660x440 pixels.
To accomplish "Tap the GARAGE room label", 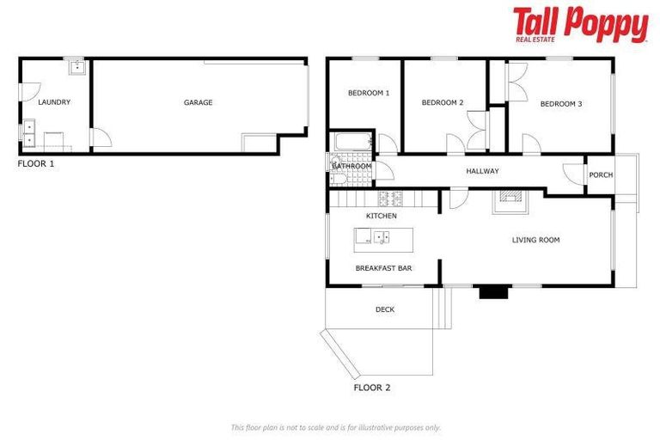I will (198, 102).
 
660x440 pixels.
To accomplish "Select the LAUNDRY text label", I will (54, 102).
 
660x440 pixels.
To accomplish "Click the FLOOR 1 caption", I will (36, 162).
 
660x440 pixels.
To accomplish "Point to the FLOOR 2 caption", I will (372, 388).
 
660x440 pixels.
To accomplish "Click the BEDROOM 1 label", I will (369, 93).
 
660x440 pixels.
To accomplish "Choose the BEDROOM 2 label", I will (443, 103).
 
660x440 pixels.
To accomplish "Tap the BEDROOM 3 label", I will (560, 104).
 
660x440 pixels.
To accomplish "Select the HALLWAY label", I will (482, 171).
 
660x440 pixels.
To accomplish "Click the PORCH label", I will (601, 174).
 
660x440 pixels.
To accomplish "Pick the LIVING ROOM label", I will (535, 240).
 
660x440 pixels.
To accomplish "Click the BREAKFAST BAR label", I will (383, 268).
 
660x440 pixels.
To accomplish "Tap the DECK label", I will (384, 309).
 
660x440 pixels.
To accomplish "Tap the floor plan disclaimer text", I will (335, 427).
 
